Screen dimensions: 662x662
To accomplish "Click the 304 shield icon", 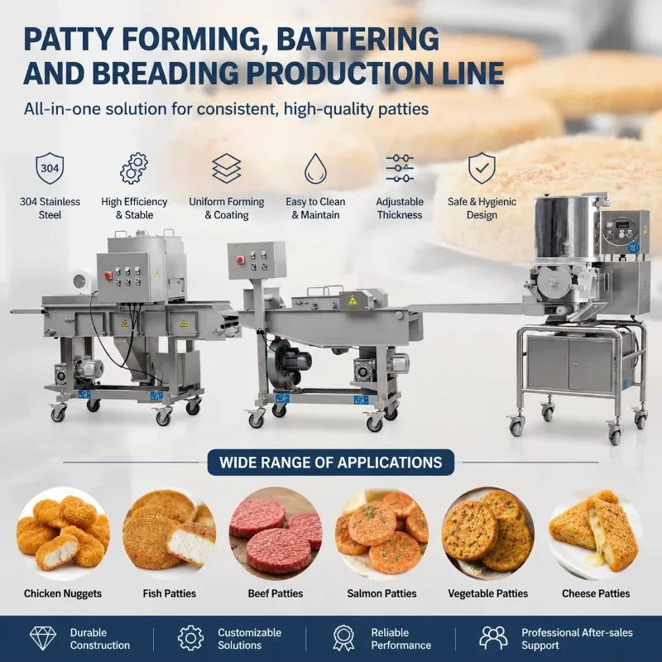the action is (x=50, y=169).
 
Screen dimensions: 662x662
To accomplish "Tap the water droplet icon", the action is (x=315, y=169).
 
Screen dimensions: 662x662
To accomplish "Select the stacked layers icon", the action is (x=226, y=169).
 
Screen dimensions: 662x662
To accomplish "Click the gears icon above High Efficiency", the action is (x=134, y=169).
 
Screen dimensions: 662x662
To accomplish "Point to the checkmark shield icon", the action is (x=482, y=169).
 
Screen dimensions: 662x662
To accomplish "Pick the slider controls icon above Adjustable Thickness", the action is (x=400, y=169).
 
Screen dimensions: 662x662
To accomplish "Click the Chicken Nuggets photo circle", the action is (x=64, y=533).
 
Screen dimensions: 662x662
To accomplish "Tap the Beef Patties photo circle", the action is (x=276, y=533).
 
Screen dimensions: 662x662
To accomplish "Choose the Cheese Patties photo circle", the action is (x=595, y=533).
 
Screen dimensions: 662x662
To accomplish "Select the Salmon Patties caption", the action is (x=381, y=593).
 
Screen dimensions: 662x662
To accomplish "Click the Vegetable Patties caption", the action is (x=487, y=593).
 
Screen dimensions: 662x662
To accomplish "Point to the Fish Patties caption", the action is (x=170, y=593).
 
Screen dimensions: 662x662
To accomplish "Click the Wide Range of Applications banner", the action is (x=330, y=463).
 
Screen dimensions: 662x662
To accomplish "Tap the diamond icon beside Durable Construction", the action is (x=43, y=638).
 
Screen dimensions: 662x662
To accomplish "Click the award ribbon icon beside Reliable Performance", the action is (x=343, y=638).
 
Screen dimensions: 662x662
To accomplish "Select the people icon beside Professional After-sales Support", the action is (x=493, y=638).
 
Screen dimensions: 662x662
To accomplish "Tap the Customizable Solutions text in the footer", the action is (x=249, y=639).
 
